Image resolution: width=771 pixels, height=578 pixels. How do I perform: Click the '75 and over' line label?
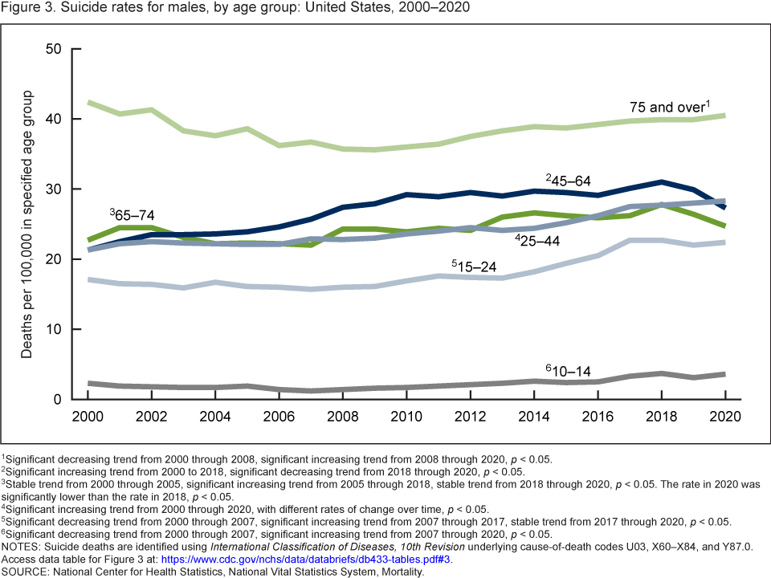670,106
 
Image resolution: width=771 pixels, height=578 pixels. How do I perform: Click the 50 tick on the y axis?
54,49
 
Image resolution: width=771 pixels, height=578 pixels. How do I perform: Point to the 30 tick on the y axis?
54,189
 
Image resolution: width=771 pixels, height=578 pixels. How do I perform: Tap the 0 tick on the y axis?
58,400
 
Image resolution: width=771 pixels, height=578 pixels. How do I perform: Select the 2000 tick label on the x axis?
88,419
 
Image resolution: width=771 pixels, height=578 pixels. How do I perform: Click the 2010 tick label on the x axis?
406,419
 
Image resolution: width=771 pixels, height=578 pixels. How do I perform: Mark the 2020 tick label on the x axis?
724,419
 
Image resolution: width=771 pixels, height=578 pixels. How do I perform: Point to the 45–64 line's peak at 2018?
661,182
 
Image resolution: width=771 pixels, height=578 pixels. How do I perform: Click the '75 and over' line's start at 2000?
88,103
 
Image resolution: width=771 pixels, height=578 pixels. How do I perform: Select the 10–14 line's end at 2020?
724,374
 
